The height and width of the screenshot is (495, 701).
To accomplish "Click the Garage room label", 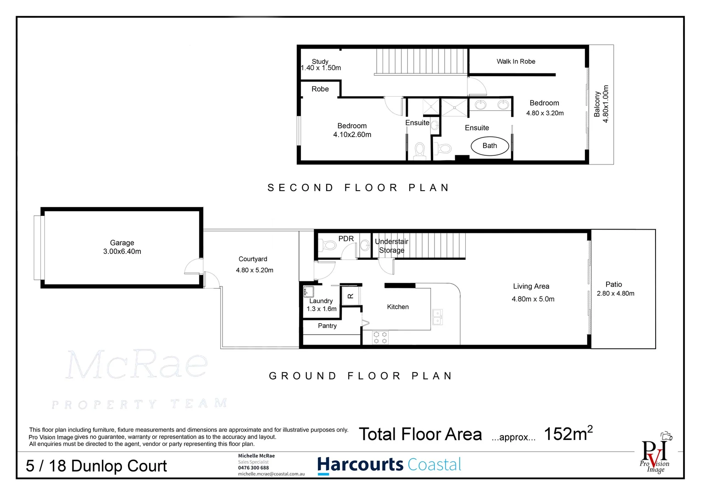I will click(122, 243).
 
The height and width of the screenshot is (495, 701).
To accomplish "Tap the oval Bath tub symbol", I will click(490, 146).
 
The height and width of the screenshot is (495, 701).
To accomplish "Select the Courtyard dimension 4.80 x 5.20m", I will click(255, 270).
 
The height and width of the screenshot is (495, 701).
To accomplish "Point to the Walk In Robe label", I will click(516, 61).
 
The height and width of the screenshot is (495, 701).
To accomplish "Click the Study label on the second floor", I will click(320, 61).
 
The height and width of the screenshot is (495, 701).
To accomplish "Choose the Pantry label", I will click(327, 326).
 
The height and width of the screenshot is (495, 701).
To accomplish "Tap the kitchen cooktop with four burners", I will click(380, 337).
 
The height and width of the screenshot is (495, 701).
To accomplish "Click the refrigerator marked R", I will click(350, 296).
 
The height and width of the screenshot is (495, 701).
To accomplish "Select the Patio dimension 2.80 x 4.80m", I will click(615, 294).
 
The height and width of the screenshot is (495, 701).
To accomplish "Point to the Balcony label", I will click(597, 104).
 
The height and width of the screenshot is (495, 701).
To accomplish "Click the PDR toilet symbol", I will click(328, 245).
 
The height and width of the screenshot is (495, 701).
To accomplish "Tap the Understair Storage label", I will click(391, 246).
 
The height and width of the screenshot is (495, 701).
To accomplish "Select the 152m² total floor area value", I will click(568, 434).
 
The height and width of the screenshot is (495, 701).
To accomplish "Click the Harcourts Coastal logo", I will click(389, 465).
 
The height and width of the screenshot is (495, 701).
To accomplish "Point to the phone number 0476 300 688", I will click(253, 468).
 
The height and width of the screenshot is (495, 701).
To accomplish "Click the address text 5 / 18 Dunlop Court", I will click(96, 466).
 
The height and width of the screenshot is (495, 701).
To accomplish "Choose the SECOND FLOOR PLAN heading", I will click(358, 188).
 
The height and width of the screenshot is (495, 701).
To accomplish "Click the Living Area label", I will click(531, 286).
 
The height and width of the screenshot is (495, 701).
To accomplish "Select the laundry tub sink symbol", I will click(308, 291).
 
